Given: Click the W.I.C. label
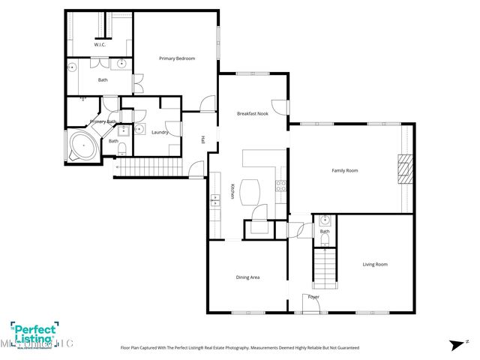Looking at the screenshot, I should (100, 45).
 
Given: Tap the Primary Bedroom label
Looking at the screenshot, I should (176, 58).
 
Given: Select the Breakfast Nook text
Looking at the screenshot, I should (252, 113).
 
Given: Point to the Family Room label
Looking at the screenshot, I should (344, 170).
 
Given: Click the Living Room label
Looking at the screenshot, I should (375, 264).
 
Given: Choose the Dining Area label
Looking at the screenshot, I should (247, 277).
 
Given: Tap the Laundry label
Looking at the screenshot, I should (160, 132).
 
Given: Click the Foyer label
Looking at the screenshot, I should (313, 297).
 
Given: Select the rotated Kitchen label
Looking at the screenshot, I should (232, 193).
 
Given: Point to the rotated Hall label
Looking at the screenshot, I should (202, 139).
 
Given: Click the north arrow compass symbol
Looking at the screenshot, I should (455, 344).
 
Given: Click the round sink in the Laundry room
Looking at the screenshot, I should (139, 129).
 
